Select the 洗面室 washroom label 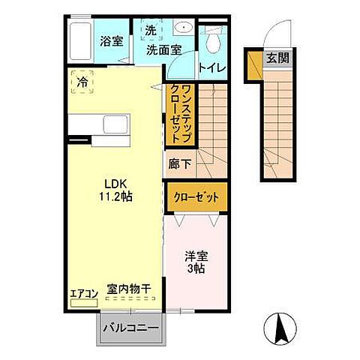(163, 51)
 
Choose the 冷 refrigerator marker (82, 81)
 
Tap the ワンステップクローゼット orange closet (180, 114)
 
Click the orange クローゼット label (196, 197)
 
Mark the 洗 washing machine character (150, 31)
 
